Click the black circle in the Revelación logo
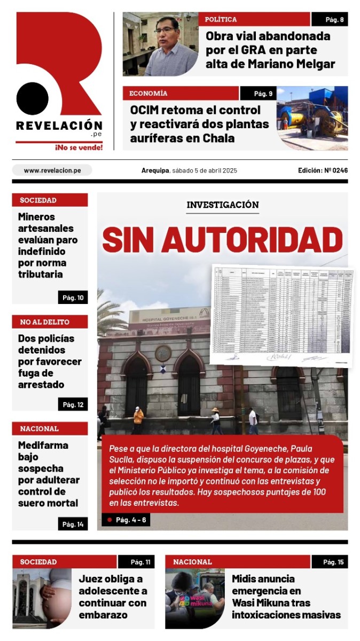[32, 99]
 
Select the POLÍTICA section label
[221, 20]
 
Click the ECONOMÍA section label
[148, 93]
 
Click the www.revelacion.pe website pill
[52, 170]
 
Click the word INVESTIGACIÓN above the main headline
[223, 205]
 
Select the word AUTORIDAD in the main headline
[252, 240]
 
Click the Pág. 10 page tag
[73, 298]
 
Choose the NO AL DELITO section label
[45, 322]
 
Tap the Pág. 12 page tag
[73, 404]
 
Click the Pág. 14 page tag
[73, 524]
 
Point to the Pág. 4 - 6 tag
[127, 520]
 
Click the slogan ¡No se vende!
[79, 147]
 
